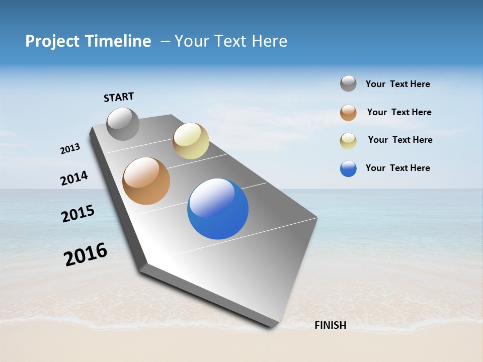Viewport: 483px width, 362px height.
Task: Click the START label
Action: pyautogui.click(x=119, y=97)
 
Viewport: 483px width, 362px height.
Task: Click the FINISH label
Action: pyautogui.click(x=330, y=325)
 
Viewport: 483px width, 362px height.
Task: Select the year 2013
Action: pyautogui.click(x=70, y=148)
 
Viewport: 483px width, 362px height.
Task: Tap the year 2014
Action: pyautogui.click(x=74, y=178)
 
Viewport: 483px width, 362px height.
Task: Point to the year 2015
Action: pyautogui.click(x=78, y=214)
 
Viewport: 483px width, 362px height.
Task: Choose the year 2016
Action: pyautogui.click(x=86, y=254)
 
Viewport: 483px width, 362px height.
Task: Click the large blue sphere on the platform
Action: pyautogui.click(x=218, y=209)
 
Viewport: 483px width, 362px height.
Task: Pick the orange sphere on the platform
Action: pyautogui.click(x=146, y=181)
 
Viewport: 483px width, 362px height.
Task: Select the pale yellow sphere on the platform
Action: pyautogui.click(x=191, y=141)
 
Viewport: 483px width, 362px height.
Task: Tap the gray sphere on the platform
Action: pyautogui.click(x=123, y=124)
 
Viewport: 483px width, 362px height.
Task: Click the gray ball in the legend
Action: pyautogui.click(x=348, y=83)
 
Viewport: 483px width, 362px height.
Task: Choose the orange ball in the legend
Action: pyautogui.click(x=348, y=113)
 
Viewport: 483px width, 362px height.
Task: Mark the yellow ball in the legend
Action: pyautogui.click(x=348, y=140)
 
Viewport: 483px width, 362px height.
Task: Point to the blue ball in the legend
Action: pyautogui.click(x=348, y=168)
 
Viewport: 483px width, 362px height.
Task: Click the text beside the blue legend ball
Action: pyautogui.click(x=397, y=168)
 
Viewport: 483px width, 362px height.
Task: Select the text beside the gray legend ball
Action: pyautogui.click(x=397, y=84)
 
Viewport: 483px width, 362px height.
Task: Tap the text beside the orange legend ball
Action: pyautogui.click(x=399, y=112)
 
